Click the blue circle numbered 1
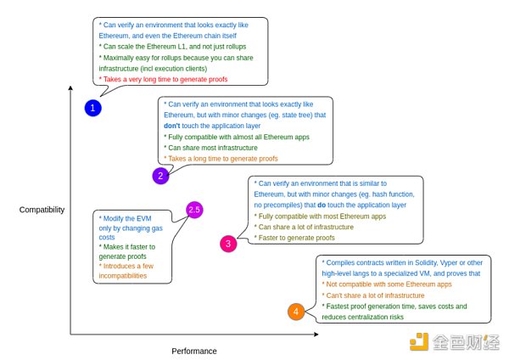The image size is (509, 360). click(x=93, y=108)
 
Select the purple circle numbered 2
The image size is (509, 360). click(x=160, y=176)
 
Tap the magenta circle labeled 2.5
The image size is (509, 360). click(x=194, y=209)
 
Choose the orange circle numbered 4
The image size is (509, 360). click(x=295, y=312)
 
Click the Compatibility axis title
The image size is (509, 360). click(x=41, y=209)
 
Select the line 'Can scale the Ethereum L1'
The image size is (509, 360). click(x=153, y=45)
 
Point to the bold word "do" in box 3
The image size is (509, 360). click(x=347, y=205)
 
